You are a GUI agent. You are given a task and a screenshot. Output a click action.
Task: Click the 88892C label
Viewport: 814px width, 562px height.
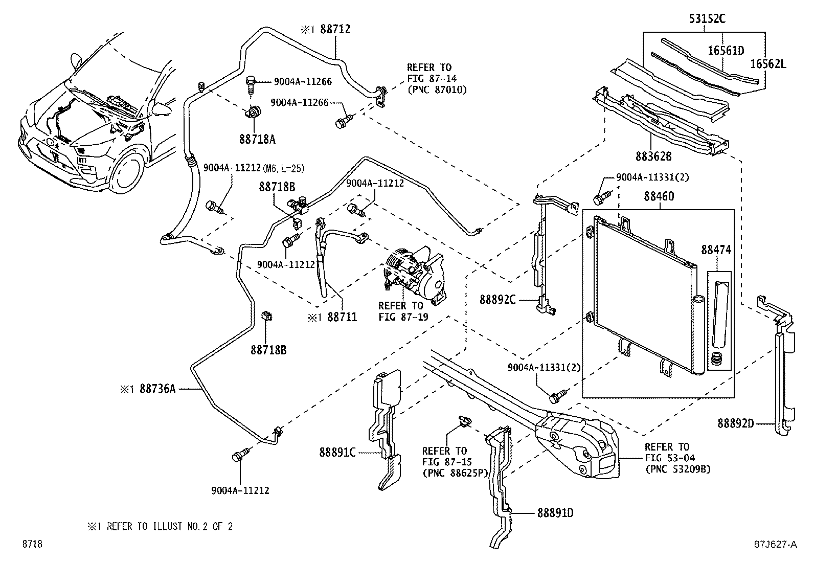click(498, 299)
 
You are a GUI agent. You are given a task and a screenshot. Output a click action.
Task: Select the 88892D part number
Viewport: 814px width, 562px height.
click(735, 423)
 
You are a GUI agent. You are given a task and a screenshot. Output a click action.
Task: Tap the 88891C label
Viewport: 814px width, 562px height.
click(337, 452)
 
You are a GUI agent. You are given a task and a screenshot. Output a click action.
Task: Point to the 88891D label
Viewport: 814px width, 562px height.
click(555, 512)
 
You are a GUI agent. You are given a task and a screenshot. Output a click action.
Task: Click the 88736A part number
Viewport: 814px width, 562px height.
click(157, 389)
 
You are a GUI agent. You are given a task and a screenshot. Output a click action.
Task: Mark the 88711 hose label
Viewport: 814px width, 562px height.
click(342, 318)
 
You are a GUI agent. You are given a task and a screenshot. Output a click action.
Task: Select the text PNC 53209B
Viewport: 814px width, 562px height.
click(678, 469)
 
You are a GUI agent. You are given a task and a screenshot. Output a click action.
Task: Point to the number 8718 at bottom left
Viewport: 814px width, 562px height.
click(31, 545)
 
